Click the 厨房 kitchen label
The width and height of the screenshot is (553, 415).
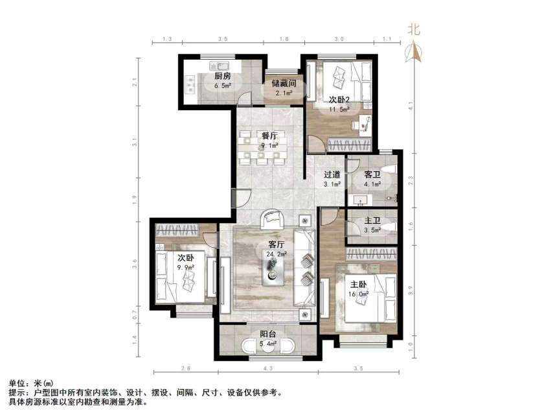(223, 76)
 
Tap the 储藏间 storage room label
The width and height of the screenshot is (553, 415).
(284, 84)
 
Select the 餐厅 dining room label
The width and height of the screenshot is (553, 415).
(270, 136)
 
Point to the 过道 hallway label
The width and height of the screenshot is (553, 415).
(332, 174)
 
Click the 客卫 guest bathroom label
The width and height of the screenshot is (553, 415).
(372, 174)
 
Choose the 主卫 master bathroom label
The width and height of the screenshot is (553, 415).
(372, 220)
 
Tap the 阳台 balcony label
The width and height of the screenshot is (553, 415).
(267, 334)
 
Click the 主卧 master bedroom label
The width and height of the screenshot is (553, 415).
(358, 284)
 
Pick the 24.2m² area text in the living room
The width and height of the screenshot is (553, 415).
(276, 254)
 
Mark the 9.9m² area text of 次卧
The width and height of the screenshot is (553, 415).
(186, 267)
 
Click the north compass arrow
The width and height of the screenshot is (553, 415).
(414, 52)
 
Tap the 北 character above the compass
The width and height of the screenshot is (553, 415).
(414, 30)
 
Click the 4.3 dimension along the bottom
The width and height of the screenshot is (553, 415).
(268, 368)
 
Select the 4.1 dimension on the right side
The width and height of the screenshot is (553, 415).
(410, 105)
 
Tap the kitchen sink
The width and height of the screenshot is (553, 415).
(220, 66)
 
